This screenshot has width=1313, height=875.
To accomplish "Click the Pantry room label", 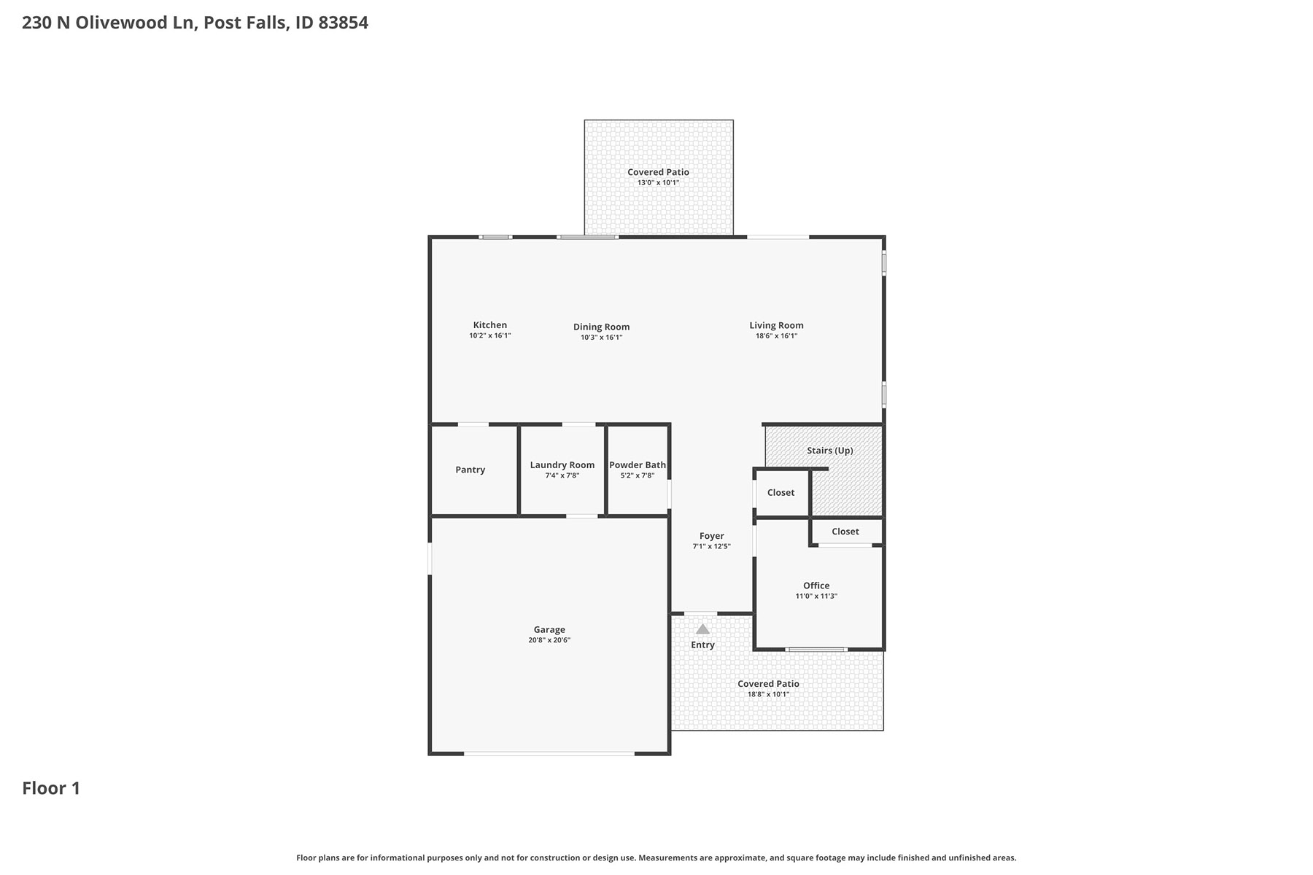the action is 470,470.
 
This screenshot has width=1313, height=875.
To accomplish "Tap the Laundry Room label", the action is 562,465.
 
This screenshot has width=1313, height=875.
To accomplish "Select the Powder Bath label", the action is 638,465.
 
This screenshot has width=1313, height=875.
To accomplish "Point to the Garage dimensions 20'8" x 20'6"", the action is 549,640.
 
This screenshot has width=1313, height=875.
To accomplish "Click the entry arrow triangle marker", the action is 702,629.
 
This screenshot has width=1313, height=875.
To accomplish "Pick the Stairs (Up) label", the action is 830,451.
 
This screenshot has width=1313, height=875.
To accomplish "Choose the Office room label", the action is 816,586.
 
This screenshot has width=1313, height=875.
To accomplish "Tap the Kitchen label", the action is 490,325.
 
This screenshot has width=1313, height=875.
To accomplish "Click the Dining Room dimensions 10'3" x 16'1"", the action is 601,338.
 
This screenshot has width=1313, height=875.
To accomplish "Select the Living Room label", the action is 776,326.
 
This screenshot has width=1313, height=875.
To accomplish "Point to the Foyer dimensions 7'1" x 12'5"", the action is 711,547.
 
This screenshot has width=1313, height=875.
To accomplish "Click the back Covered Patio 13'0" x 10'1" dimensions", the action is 658,183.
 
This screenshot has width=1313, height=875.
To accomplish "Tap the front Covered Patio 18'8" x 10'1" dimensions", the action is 768,694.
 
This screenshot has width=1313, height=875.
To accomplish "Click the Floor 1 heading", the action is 51,788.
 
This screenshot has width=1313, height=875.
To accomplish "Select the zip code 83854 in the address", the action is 343,23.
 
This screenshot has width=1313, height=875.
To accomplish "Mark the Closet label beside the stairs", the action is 781,493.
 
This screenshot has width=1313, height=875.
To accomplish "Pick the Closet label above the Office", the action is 845,532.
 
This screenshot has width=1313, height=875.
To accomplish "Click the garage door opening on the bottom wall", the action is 549,753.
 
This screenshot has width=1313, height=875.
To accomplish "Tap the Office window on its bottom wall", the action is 816,649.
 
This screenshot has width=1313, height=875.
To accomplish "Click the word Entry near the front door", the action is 702,645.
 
